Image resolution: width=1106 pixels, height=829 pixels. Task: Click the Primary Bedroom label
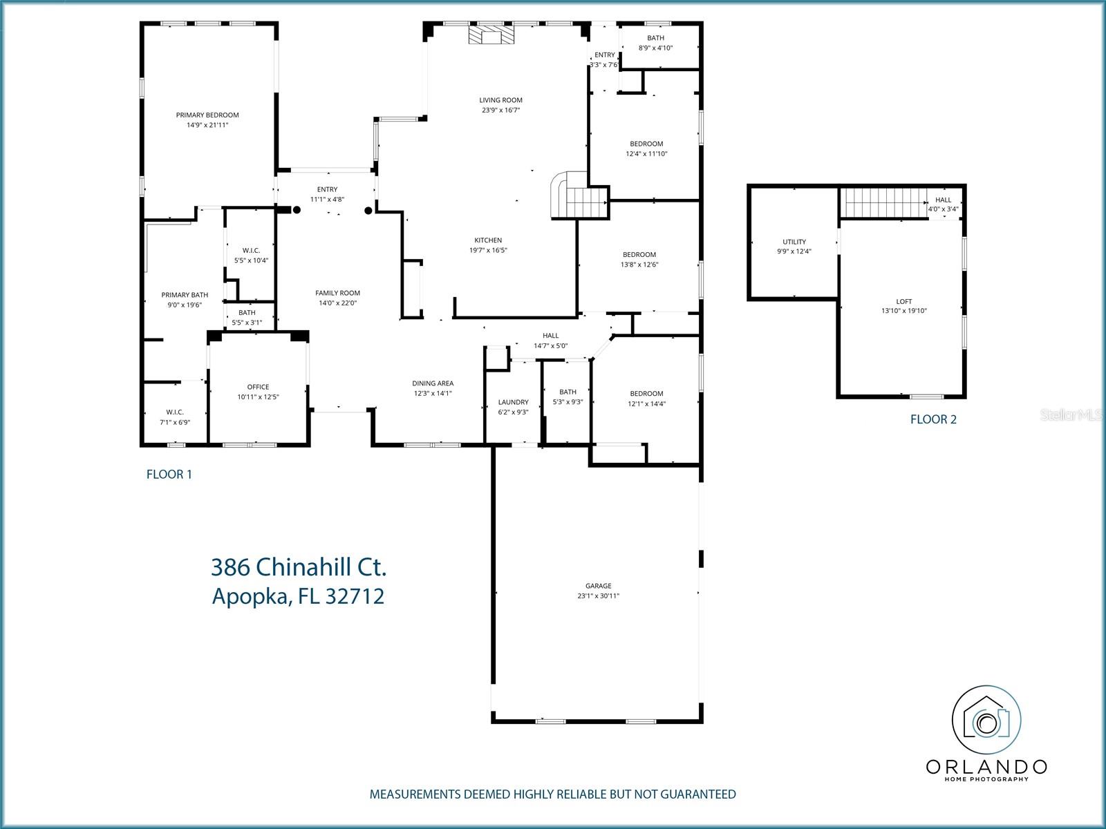(x=207, y=115)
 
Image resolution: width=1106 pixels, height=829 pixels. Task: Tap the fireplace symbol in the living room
(x=491, y=36)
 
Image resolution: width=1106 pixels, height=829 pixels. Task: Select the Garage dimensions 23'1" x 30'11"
(x=598, y=596)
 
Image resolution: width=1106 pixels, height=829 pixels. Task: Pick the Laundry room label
(x=513, y=402)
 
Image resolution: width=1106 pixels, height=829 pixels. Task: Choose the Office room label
(x=258, y=387)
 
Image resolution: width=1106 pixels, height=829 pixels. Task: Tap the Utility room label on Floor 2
(x=794, y=242)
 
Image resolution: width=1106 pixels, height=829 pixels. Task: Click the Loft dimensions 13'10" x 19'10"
(x=904, y=311)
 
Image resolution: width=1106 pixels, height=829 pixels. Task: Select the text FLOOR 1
(x=169, y=475)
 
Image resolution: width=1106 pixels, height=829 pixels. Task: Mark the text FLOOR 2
(x=933, y=419)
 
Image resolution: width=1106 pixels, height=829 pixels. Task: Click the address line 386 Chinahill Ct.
(x=299, y=567)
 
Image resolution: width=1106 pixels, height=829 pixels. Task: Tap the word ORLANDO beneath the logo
(x=986, y=766)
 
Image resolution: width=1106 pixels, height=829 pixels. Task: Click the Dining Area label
(x=433, y=383)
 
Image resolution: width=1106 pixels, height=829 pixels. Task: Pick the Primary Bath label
(x=185, y=295)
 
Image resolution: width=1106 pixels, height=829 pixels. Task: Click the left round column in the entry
(x=297, y=209)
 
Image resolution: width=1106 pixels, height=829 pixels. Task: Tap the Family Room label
(x=337, y=293)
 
